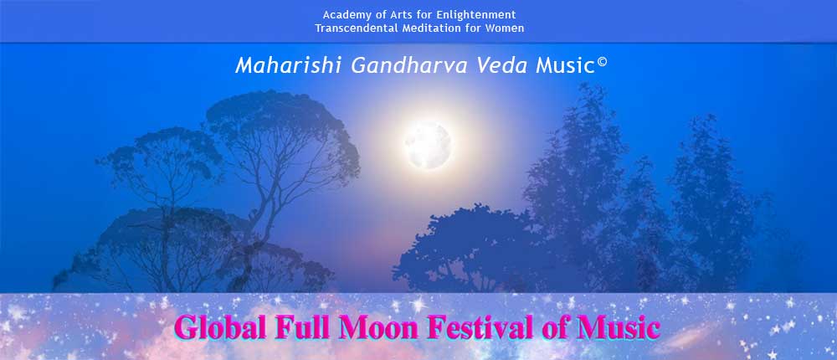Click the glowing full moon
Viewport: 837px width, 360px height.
[428, 145]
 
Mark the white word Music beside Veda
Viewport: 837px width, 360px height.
[565, 65]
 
